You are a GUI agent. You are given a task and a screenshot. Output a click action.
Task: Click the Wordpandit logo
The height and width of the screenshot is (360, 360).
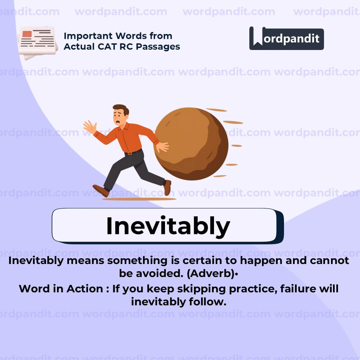(286, 38)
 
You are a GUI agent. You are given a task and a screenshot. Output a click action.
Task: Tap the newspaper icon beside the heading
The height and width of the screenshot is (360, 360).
(37, 41)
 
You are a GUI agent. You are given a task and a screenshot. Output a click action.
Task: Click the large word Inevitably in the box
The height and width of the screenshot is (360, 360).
(168, 226)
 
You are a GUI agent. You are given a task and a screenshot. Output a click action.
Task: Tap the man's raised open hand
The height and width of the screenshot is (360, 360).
(89, 127)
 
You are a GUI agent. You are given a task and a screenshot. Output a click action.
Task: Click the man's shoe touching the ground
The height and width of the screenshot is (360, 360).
(101, 191)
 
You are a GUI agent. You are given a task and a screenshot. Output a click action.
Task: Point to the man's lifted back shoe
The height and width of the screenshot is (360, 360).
(167, 187)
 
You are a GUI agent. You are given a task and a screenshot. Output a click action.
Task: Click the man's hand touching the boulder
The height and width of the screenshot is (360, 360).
(163, 147)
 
